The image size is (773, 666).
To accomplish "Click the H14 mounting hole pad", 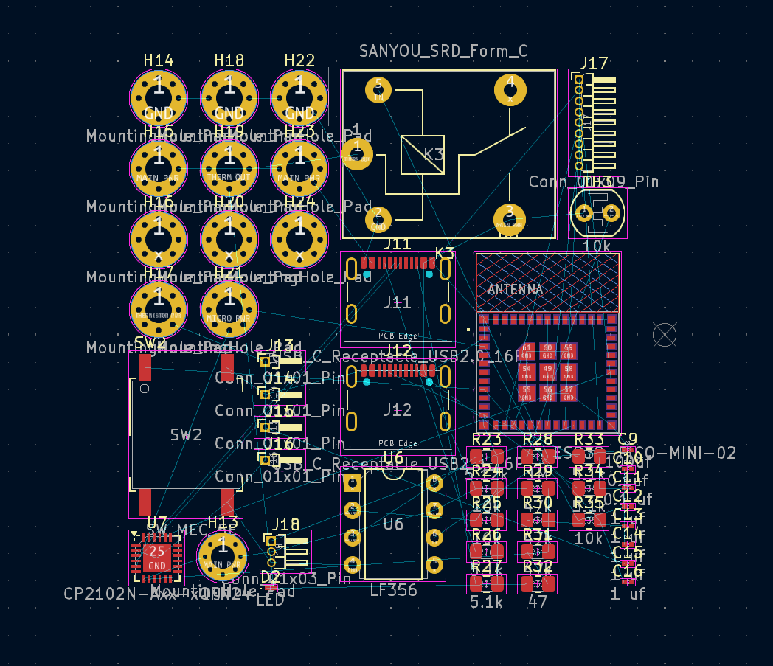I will (x=158, y=97).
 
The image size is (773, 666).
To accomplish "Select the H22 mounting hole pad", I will (x=299, y=97).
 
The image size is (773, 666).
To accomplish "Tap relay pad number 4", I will (x=510, y=90).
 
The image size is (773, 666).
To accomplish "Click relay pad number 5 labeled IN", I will (x=378, y=90).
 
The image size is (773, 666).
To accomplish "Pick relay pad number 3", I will (x=510, y=219).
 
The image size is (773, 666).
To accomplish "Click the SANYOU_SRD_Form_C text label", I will (x=443, y=51).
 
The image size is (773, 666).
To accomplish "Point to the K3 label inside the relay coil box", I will (x=434, y=154).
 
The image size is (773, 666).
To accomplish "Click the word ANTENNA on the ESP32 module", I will (x=515, y=290).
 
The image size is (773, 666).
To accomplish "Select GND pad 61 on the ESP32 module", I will (x=527, y=350).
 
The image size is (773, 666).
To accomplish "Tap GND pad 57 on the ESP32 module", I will (x=568, y=392).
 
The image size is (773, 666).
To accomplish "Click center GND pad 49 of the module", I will (x=547, y=370).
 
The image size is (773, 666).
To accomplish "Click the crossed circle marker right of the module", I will (x=665, y=335).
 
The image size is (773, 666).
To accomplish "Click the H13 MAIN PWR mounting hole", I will (x=222, y=557).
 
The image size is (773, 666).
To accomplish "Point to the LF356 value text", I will (x=393, y=590).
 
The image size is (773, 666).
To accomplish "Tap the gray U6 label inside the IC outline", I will (x=393, y=524).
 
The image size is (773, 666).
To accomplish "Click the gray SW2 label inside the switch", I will (x=186, y=435).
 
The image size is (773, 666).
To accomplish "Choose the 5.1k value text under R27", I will (x=486, y=602).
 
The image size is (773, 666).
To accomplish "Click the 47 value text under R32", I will (x=538, y=602).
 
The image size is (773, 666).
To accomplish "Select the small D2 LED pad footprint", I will (x=271, y=588).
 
